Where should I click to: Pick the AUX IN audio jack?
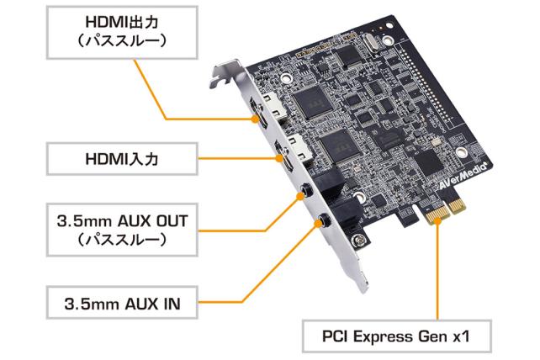(x=325, y=223)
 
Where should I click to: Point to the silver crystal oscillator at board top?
(x=368, y=40)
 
